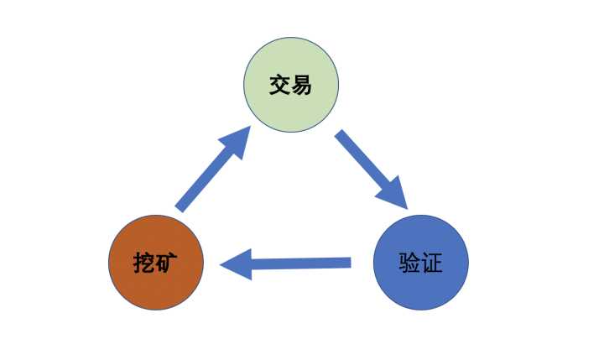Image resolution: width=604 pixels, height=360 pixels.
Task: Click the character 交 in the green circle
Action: (279, 86)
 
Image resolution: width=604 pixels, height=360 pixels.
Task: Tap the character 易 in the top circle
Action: (301, 86)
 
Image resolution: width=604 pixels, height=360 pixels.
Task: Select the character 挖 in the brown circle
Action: (144, 263)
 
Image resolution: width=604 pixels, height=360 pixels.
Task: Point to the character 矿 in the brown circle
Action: (166, 263)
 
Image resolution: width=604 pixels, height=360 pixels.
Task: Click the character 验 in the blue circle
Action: (409, 263)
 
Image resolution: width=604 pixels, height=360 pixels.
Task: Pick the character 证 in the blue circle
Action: (431, 263)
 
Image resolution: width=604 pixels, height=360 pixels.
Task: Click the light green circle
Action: (291, 85)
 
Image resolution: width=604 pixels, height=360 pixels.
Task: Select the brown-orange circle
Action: (156, 263)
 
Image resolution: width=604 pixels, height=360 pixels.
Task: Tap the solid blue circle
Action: (421, 263)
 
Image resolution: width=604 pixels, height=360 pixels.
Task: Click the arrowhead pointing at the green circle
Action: (237, 141)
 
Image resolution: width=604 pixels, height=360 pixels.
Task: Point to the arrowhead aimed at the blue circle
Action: (394, 194)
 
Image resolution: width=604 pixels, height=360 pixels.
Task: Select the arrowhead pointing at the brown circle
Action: (238, 264)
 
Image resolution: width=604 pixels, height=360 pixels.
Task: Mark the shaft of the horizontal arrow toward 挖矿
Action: (301, 263)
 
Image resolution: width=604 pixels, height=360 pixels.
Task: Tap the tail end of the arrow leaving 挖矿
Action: (180, 208)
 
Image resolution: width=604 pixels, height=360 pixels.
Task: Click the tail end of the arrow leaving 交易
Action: (338, 133)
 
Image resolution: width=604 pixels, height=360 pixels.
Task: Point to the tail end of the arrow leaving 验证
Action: (351, 263)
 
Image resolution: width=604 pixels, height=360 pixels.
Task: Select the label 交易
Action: (290, 86)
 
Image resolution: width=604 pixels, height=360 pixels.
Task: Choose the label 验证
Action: (420, 263)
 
